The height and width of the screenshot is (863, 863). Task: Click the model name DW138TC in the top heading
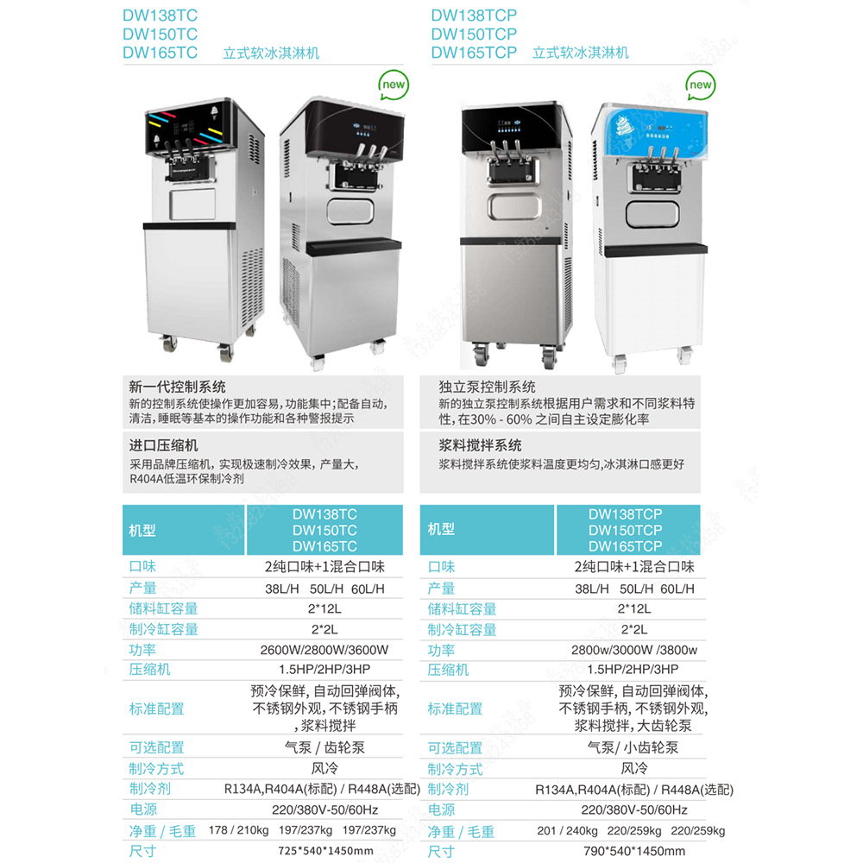point(160,15)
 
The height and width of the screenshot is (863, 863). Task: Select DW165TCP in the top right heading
point(474,53)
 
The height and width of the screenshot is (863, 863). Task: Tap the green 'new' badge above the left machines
point(394,85)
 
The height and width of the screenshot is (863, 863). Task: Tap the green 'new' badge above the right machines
point(700,85)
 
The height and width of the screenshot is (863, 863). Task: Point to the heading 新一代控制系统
point(177,387)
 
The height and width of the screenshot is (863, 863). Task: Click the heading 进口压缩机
point(163,445)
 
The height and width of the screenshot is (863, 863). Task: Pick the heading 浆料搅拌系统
point(480,445)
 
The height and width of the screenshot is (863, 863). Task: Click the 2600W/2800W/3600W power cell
point(324,650)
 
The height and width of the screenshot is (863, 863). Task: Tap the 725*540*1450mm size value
point(324,851)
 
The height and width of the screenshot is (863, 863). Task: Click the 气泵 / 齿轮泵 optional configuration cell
point(324,747)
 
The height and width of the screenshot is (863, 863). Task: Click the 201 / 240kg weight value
point(567,830)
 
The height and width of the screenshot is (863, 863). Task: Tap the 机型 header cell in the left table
point(142,530)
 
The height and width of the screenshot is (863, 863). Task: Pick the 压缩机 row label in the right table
point(448,670)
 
